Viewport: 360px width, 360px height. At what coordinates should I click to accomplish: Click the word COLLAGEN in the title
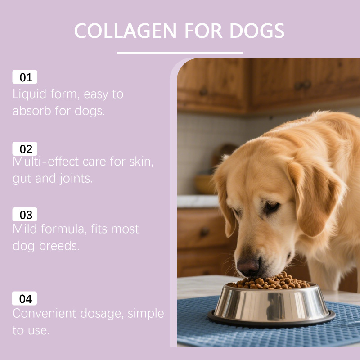click(x=126, y=31)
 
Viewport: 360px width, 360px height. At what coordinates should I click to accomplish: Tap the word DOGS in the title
click(x=257, y=31)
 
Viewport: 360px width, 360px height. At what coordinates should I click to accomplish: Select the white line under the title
click(x=180, y=53)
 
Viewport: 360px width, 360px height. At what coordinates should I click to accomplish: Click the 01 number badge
click(x=25, y=77)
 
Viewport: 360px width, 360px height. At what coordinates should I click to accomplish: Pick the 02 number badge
click(x=25, y=149)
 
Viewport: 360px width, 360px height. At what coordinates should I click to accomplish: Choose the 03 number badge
click(x=25, y=215)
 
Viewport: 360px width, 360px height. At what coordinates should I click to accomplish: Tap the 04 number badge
click(x=24, y=298)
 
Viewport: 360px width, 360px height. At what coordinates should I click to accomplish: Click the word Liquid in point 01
click(x=29, y=94)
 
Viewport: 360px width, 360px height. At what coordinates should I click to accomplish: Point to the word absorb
click(x=31, y=111)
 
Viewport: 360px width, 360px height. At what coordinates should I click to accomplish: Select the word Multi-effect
click(x=46, y=162)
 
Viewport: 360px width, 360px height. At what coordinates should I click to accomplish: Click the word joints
click(x=76, y=179)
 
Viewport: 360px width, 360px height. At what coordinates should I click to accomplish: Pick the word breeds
click(x=59, y=246)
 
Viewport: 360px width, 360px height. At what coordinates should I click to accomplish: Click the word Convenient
click(x=44, y=313)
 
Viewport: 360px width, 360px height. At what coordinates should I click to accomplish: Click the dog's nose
click(x=248, y=266)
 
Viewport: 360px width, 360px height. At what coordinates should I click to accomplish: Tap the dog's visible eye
click(x=272, y=205)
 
